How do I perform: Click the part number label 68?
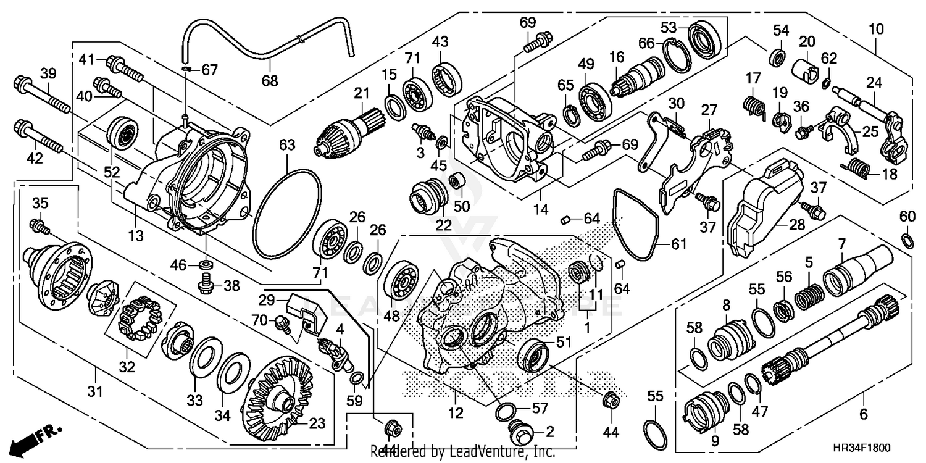pos(270,80)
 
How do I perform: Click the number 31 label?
pos(96,374)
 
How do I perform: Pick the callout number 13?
pos(135,235)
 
